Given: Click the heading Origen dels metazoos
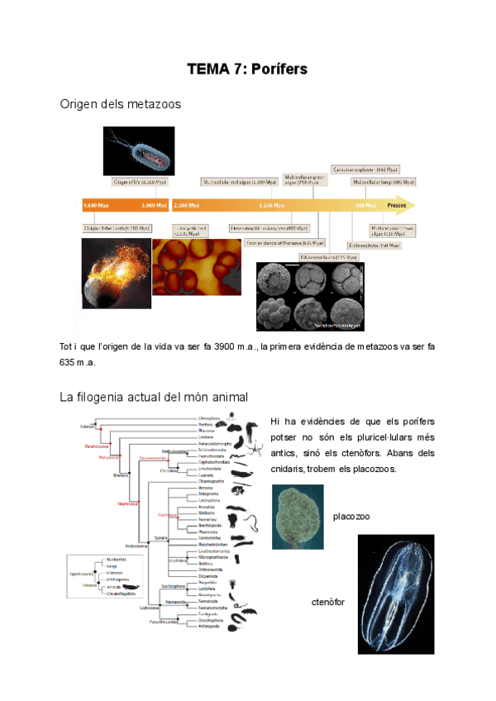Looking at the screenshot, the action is (121, 104).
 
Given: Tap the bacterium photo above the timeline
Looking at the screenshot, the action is (138, 150).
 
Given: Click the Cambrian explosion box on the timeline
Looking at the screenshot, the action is (367, 169).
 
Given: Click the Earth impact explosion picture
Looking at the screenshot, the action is (117, 273).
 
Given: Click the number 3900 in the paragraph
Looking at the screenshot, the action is (227, 346).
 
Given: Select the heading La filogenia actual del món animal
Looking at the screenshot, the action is (154, 398).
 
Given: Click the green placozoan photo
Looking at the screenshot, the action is (298, 517).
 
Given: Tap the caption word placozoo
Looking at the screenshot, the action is (351, 517).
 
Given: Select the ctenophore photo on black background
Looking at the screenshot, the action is (395, 594).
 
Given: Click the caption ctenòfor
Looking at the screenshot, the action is (328, 602).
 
